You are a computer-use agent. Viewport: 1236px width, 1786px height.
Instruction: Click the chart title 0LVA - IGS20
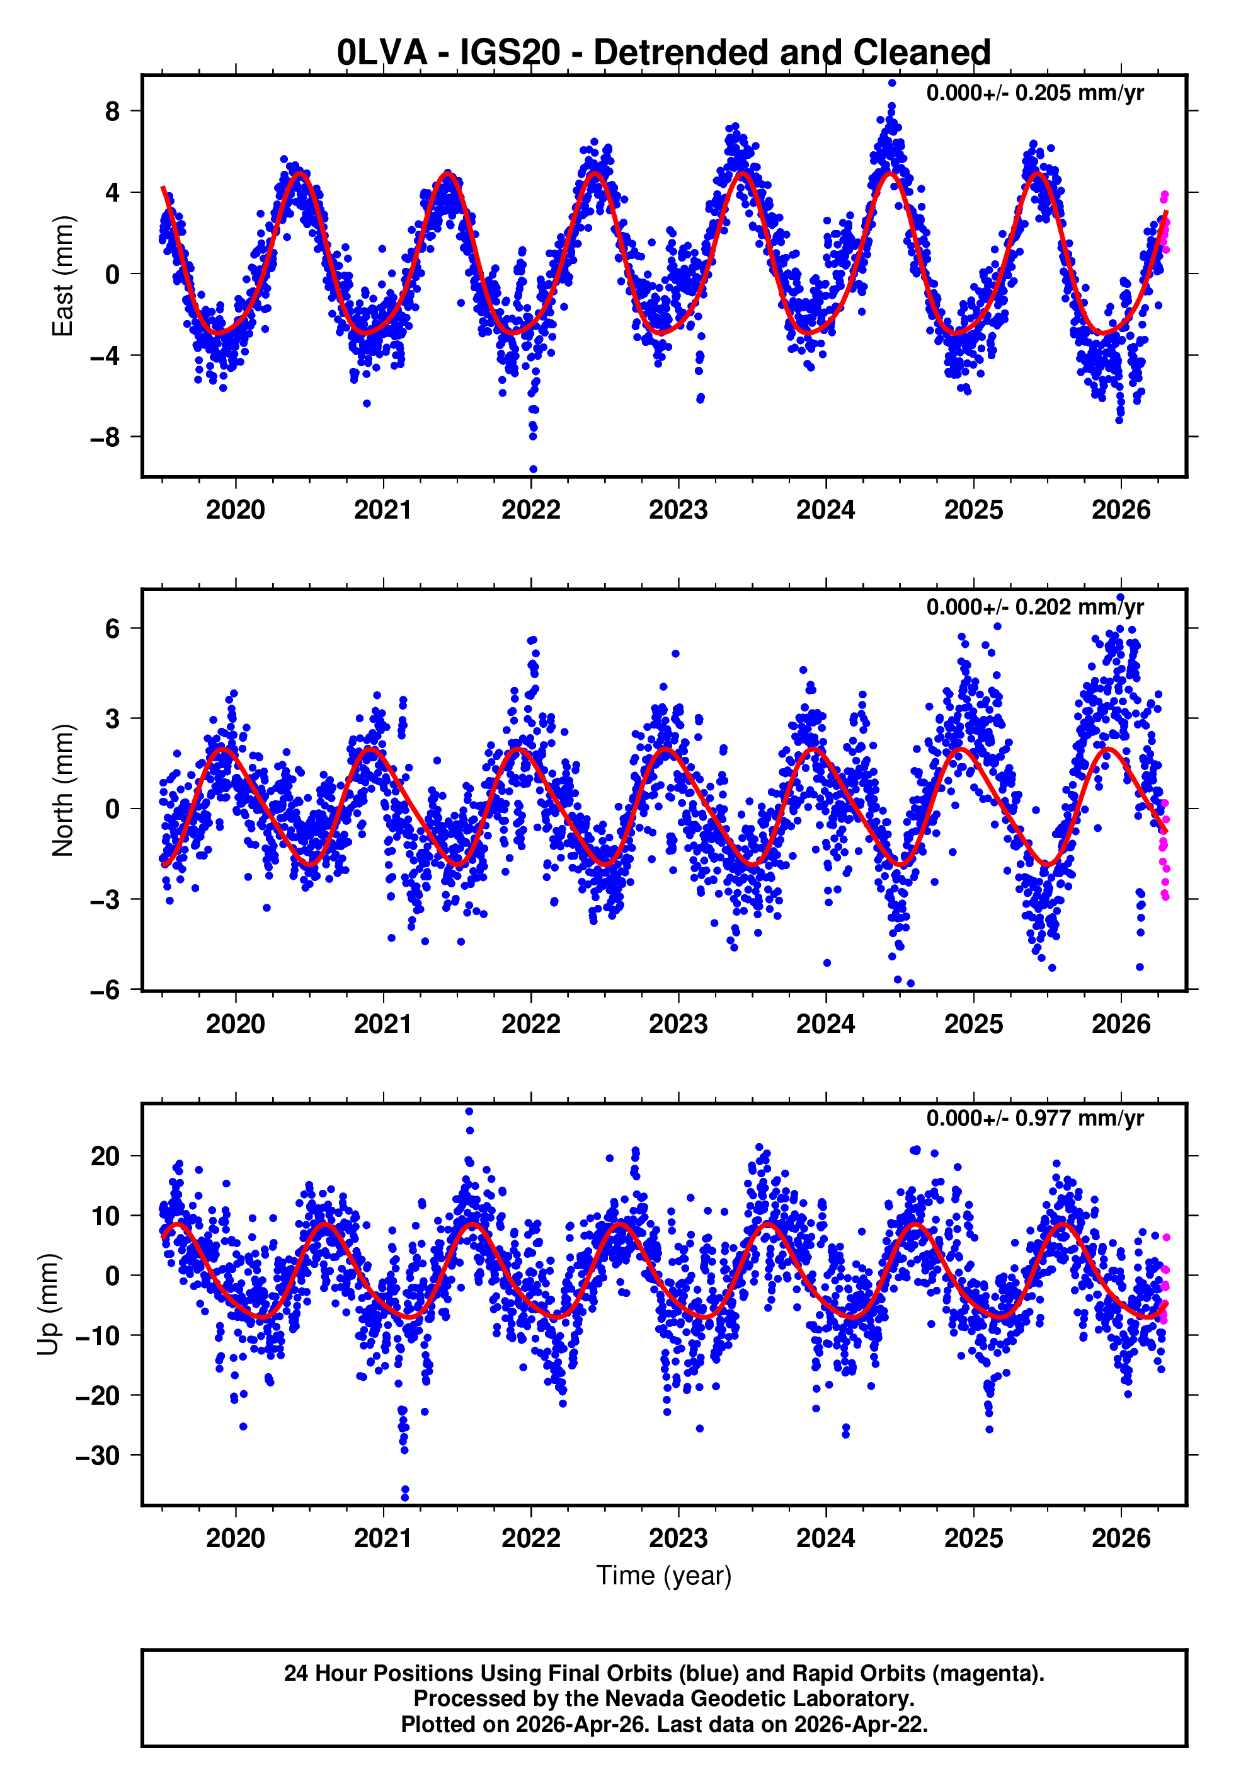[x=664, y=53]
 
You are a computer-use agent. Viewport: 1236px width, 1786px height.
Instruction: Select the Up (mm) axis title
[x=48, y=1305]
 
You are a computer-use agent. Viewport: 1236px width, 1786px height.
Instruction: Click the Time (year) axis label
[x=664, y=1576]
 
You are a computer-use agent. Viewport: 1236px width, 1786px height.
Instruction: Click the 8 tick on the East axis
[x=113, y=111]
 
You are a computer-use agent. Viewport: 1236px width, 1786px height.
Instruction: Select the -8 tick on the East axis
[x=105, y=437]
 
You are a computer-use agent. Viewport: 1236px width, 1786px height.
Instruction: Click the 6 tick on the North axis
[x=113, y=629]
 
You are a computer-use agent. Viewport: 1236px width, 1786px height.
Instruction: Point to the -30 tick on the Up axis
[x=98, y=1456]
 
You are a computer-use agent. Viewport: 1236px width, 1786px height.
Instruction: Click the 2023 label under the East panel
[x=678, y=510]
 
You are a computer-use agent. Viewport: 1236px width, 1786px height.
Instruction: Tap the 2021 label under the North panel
[x=382, y=1025]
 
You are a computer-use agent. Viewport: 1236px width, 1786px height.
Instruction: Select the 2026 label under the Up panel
[x=1121, y=1538]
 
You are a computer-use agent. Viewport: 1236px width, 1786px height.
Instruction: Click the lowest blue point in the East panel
[x=533, y=470]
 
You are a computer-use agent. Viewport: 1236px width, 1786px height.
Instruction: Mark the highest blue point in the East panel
[x=892, y=83]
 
